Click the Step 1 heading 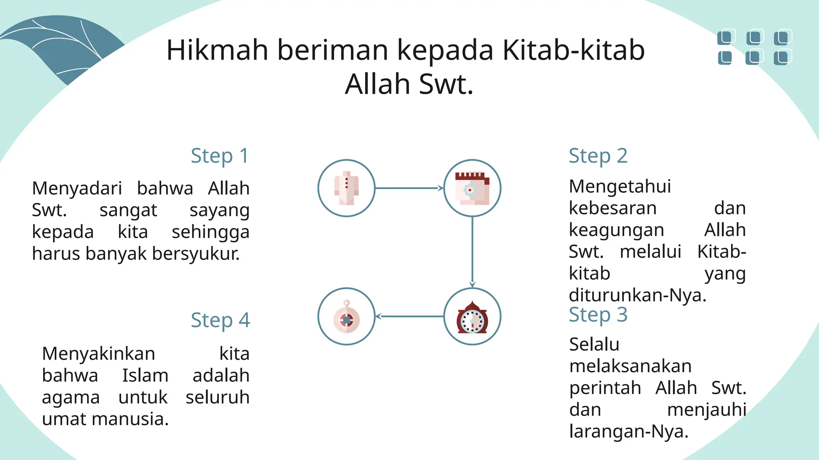click(x=220, y=156)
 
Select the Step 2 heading click(x=598, y=156)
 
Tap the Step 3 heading click(x=598, y=315)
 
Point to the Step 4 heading click(x=220, y=321)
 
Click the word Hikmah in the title click(x=217, y=50)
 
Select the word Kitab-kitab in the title click(x=573, y=50)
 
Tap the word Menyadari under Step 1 click(x=77, y=188)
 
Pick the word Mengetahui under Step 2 click(x=620, y=187)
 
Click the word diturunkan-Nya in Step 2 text click(x=637, y=295)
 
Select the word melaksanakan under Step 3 click(x=630, y=366)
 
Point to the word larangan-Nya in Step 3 click(x=629, y=432)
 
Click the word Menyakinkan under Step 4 click(x=98, y=354)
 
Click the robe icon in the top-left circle click(x=347, y=188)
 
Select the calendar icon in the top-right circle click(x=472, y=188)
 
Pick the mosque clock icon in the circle click(x=472, y=317)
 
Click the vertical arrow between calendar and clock click(x=472, y=252)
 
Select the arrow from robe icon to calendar click(x=409, y=188)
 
